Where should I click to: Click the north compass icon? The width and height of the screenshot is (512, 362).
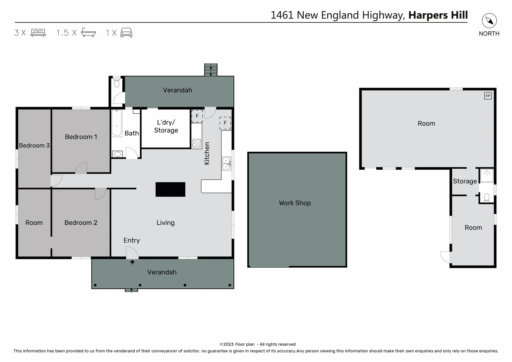pos(489,21)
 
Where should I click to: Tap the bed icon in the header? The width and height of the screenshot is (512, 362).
pos(38,33)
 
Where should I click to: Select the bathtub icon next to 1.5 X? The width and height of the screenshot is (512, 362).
pos(88,32)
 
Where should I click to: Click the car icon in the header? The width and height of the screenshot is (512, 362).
pos(126,33)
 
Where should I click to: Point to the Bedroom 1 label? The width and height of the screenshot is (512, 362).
pos(81,137)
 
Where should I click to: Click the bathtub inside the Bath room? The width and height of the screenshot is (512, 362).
pos(117,123)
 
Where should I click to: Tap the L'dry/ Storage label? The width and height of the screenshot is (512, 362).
pos(166,126)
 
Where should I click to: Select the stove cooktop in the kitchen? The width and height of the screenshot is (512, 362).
pos(197,143)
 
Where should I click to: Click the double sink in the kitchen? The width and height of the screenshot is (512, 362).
pos(226,164)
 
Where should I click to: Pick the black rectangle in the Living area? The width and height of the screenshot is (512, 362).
pos(170,189)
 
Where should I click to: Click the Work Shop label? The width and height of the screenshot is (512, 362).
pos(295,203)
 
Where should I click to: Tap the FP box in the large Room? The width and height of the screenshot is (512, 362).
pos(487,96)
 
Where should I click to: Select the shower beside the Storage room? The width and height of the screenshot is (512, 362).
pos(487,176)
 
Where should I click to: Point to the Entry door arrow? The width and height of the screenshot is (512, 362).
pos(132,262)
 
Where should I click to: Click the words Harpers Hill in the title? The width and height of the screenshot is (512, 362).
pos(438,15)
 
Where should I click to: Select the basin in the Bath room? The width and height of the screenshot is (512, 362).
pos(118,154)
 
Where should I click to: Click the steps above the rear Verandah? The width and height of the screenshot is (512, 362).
pos(211,70)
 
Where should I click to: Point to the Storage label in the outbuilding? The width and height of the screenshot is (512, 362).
pos(465,181)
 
